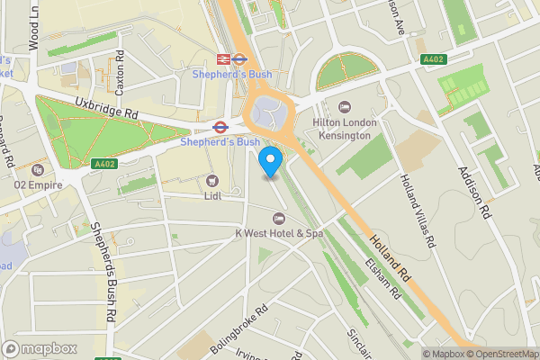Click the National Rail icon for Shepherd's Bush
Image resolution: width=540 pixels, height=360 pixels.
tap(239, 59)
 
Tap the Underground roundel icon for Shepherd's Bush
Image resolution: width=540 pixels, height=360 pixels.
tap(219, 127)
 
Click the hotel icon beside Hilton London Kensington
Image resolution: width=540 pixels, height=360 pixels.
tap(347, 107)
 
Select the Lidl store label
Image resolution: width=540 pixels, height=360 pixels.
tap(213, 196)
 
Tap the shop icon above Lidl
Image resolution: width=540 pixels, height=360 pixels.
tap(213, 181)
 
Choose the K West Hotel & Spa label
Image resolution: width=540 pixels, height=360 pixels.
tap(279, 233)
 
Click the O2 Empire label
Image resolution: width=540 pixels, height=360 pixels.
tap(31, 184)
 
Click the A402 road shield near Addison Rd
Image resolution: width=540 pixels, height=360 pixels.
tap(434, 59)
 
